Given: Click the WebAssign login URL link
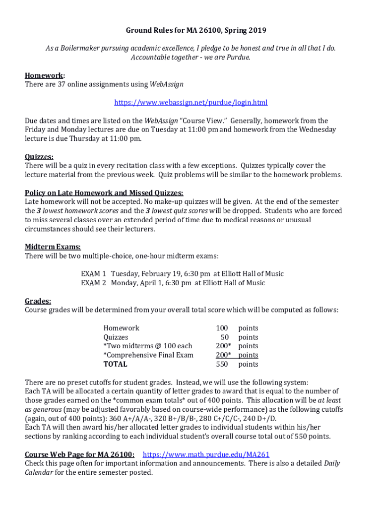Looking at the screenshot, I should pyautogui.click(x=191, y=103).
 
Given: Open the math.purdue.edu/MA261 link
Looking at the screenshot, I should pyautogui.click(x=206, y=454).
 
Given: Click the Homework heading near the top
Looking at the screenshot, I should pyautogui.click(x=44, y=75).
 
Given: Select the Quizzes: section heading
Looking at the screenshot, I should pyautogui.click(x=39, y=156).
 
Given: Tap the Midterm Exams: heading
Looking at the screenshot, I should pyautogui.click(x=53, y=247).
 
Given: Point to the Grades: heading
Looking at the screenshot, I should pyautogui.click(x=38, y=301).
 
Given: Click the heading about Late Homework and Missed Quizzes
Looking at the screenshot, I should pyautogui.click(x=104, y=193).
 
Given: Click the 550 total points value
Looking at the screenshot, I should pyautogui.click(x=222, y=364).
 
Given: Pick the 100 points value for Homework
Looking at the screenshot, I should pyautogui.click(x=222, y=328).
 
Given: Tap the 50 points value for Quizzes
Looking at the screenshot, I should pyautogui.click(x=224, y=337).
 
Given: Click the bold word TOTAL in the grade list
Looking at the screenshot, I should pyautogui.click(x=115, y=364).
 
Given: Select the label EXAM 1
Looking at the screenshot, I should pyautogui.click(x=94, y=274).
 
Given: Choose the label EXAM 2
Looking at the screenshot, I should pyautogui.click(x=94, y=283).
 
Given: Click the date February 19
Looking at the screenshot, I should pyautogui.click(x=166, y=274).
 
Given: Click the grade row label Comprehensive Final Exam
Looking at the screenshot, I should pyautogui.click(x=148, y=355).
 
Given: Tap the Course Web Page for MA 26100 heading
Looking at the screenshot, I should pyautogui.click(x=79, y=454).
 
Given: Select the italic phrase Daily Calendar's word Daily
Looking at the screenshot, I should pyautogui.click(x=332, y=463).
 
